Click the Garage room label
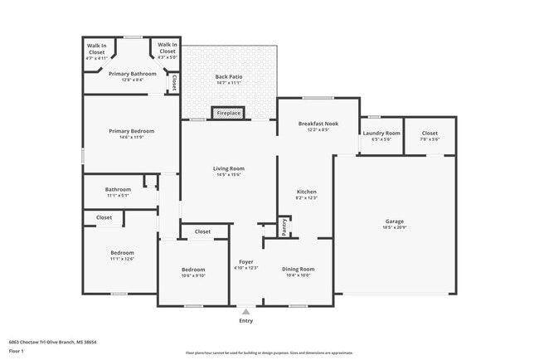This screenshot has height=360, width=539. click(394, 221)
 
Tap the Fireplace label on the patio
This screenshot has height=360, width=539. click(228, 113)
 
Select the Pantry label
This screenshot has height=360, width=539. click(284, 227)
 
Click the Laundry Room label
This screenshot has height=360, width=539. click(381, 133)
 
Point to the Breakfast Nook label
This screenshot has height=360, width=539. click(318, 124)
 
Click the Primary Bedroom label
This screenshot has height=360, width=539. click(131, 130)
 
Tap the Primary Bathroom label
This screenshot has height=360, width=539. click(132, 73)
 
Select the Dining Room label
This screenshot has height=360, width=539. click(298, 269)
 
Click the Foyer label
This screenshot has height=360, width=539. click(246, 261)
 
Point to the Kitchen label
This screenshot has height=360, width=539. click(307, 191)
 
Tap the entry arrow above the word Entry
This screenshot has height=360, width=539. click(245, 311)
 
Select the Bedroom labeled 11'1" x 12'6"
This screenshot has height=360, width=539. click(122, 252)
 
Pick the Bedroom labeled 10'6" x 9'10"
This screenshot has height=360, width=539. click(193, 270)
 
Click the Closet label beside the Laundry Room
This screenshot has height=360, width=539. click(430, 133)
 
